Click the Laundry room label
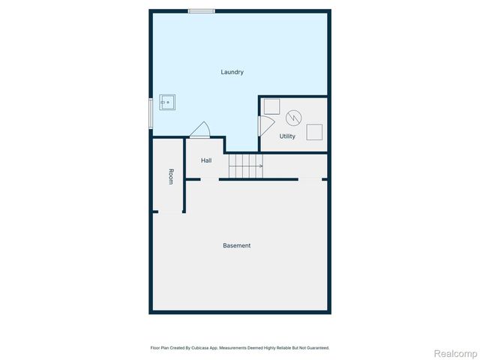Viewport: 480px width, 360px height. pos(232,72)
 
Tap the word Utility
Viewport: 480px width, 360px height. pos(287,136)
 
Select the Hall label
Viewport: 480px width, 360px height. pos(206,160)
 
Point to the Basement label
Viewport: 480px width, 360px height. pos(236,246)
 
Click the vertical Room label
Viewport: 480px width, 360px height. pos(171,177)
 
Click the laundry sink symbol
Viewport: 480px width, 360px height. pos(167,102)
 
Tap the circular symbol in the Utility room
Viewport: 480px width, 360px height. pos(292,117)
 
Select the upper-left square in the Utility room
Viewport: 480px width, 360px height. pos(271,106)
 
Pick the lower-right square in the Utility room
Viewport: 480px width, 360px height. pos(315,131)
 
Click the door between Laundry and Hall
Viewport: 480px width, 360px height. pos(200,130)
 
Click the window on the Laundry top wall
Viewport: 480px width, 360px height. pos(201,10)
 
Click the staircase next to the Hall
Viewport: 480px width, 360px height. pos(245,166)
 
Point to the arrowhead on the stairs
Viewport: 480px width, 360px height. pos(260,166)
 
